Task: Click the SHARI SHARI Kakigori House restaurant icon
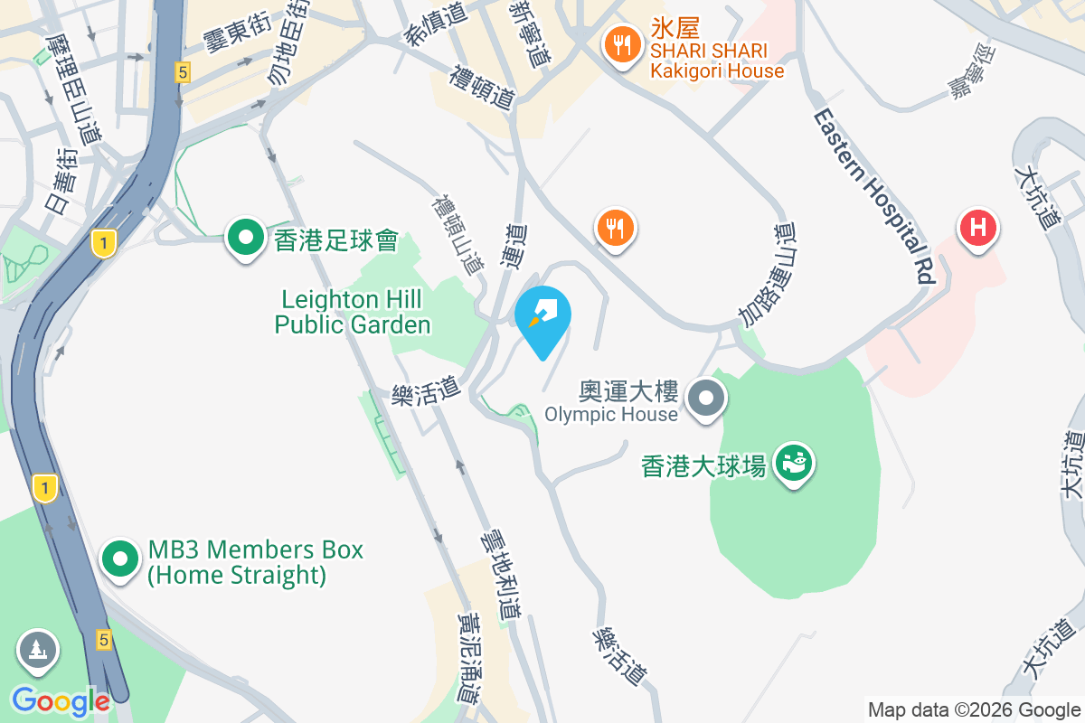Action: tap(621, 42)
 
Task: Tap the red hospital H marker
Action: tap(977, 227)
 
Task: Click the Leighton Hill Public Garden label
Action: tap(353, 311)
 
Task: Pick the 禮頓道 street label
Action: tap(483, 87)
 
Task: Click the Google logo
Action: tap(61, 701)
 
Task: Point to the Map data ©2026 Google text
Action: tap(974, 710)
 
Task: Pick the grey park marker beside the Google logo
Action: tap(37, 650)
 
